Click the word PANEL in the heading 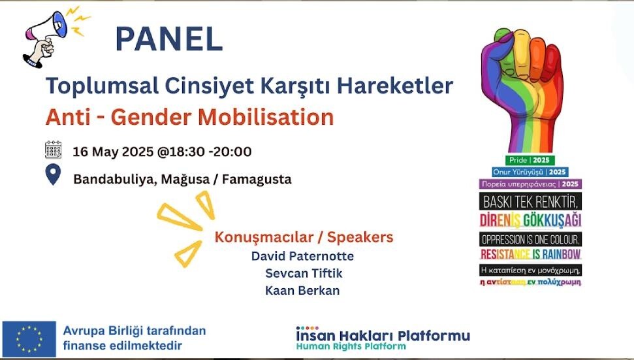click(x=168, y=39)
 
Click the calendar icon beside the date click(x=53, y=150)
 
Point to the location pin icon click(x=53, y=175)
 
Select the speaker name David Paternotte click(x=302, y=255)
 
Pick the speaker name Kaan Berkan click(x=302, y=291)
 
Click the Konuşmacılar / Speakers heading click(x=304, y=237)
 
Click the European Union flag click(x=29, y=338)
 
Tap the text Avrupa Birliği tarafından click(x=134, y=331)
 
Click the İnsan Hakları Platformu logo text click(x=382, y=336)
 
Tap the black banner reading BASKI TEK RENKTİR click(x=530, y=200)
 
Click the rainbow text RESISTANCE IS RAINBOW click(x=530, y=254)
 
